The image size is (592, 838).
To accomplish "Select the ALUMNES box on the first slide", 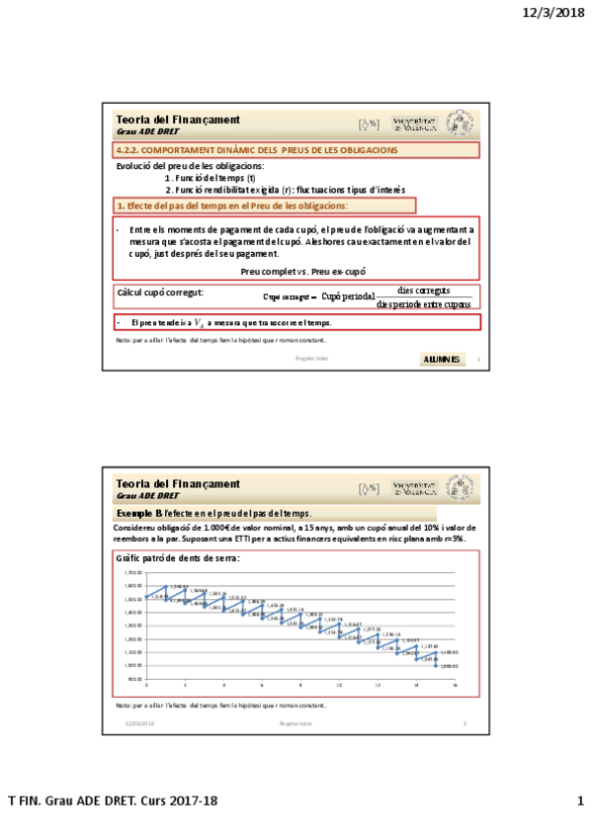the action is pyautogui.click(x=441, y=359).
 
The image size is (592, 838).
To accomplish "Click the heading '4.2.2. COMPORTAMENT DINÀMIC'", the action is pyautogui.click(x=256, y=150).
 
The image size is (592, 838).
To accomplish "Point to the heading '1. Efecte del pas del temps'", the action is pyautogui.click(x=231, y=206).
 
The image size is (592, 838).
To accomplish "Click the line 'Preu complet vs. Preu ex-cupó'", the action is pyautogui.click(x=303, y=270).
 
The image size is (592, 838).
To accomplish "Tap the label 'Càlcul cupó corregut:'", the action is pyautogui.click(x=160, y=293).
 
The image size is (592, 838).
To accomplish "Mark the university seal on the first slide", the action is pyautogui.click(x=460, y=124).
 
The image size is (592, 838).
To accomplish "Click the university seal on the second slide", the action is pyautogui.click(x=460, y=487).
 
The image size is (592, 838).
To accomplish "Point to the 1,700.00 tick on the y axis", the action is pyautogui.click(x=133, y=572).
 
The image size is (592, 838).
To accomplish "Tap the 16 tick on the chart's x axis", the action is pyautogui.click(x=455, y=685).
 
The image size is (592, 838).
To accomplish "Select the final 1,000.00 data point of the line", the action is pyautogui.click(x=436, y=665).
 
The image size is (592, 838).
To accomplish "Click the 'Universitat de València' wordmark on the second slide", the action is pyautogui.click(x=415, y=487).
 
